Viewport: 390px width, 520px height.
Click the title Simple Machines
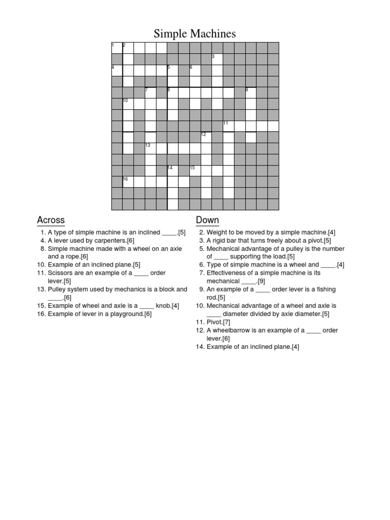coord(195,34)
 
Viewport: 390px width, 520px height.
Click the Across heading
coord(51,220)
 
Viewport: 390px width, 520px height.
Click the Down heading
coord(207,220)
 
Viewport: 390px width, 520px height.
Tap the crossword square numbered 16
coord(128,182)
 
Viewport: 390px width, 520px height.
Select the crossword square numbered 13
coord(150,148)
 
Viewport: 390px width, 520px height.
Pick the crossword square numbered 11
coord(228,126)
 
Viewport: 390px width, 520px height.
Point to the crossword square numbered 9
coord(250,92)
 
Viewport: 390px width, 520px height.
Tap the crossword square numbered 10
coord(128,104)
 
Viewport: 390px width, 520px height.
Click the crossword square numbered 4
coord(117,70)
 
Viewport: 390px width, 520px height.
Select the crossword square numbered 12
coord(206,137)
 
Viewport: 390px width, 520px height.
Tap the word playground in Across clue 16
coord(125,314)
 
